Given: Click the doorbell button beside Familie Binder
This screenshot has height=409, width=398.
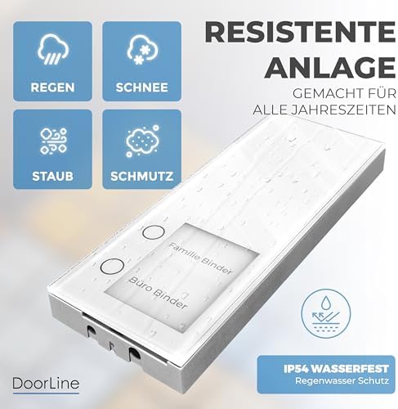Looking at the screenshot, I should point(148,232).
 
